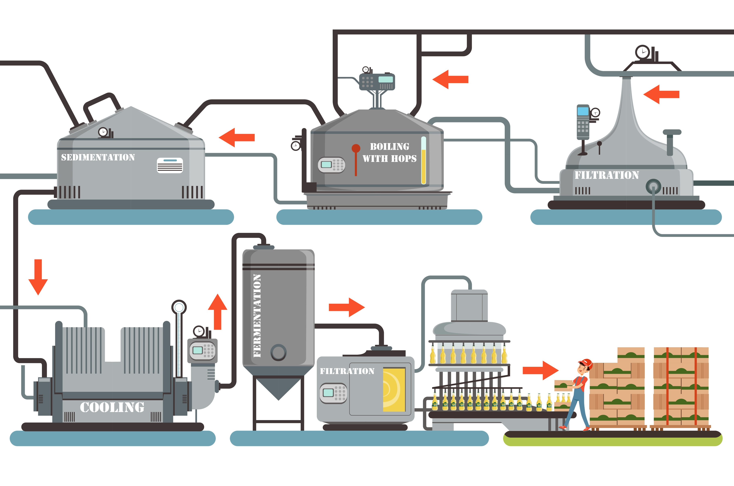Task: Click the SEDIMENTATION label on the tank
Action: tap(98, 157)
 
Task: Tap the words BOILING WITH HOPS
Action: tap(389, 152)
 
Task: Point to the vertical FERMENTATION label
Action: tap(257, 316)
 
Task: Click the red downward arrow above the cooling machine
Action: tap(38, 277)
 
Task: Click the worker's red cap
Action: tap(586, 363)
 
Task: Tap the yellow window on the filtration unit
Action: tap(394, 390)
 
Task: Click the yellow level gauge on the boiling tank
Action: tap(423, 161)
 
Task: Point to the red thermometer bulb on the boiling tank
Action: tap(356, 148)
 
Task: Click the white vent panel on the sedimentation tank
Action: tap(170, 165)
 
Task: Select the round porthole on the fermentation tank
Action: tap(278, 353)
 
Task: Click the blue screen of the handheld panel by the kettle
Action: tap(583, 111)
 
